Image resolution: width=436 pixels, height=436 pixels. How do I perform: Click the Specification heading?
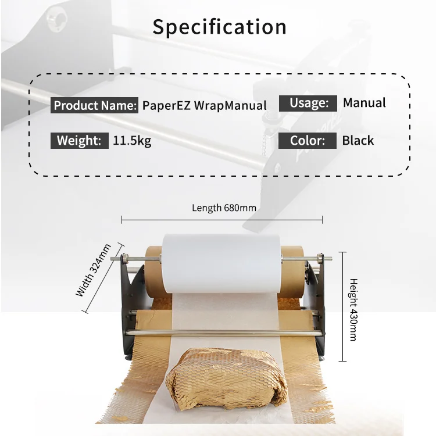tap(219, 27)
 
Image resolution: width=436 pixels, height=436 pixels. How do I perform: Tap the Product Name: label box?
tap(95, 106)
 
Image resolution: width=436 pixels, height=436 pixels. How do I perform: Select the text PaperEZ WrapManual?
tap(204, 106)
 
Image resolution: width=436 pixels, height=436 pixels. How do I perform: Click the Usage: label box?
tap(308, 103)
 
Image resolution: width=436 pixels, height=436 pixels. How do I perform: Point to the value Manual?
tap(364, 103)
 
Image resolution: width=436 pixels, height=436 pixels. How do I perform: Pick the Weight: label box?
tap(79, 140)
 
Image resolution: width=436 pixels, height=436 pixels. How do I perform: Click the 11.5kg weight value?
tap(132, 140)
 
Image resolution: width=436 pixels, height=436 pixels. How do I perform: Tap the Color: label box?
tap(308, 141)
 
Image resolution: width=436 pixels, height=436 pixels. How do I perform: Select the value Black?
tap(358, 141)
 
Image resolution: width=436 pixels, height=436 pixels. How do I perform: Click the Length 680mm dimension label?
tap(224, 208)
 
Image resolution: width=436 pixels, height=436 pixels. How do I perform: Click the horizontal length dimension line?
tap(222, 220)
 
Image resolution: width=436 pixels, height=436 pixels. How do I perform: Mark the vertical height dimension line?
tap(342, 305)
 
